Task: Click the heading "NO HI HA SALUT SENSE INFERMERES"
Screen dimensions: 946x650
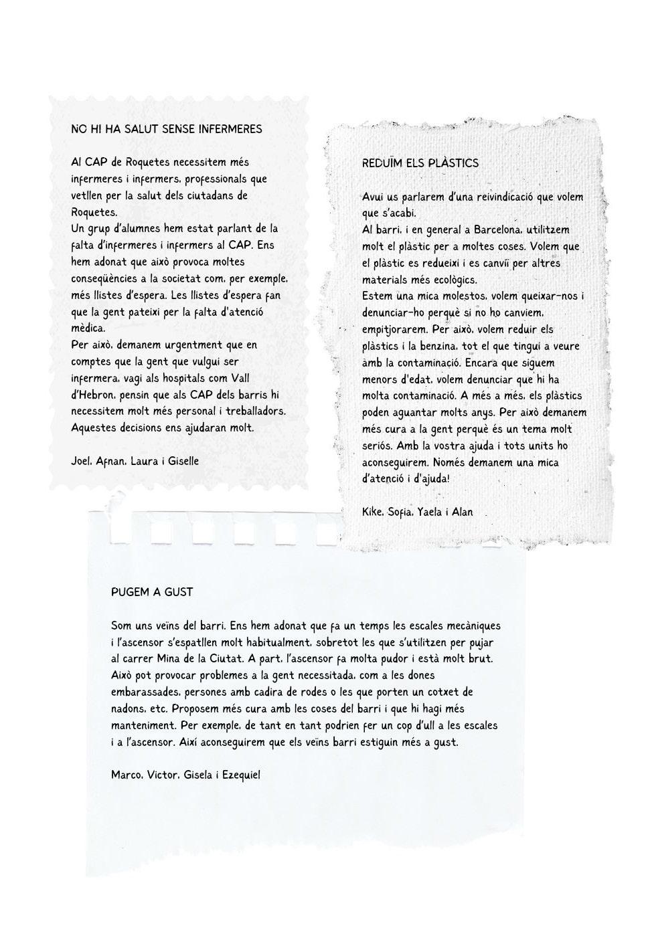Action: (x=166, y=129)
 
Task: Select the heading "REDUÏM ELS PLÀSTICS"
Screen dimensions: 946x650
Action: (x=420, y=163)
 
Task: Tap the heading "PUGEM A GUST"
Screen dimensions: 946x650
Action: (x=152, y=592)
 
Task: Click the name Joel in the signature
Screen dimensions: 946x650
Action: (x=80, y=461)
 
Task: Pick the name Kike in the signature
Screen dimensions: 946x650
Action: (x=372, y=512)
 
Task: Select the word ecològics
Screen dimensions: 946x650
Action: (x=465, y=280)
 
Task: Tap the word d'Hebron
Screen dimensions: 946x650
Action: (x=93, y=395)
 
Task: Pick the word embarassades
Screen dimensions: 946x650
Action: (x=145, y=692)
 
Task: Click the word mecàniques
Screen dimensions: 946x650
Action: (x=469, y=626)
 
